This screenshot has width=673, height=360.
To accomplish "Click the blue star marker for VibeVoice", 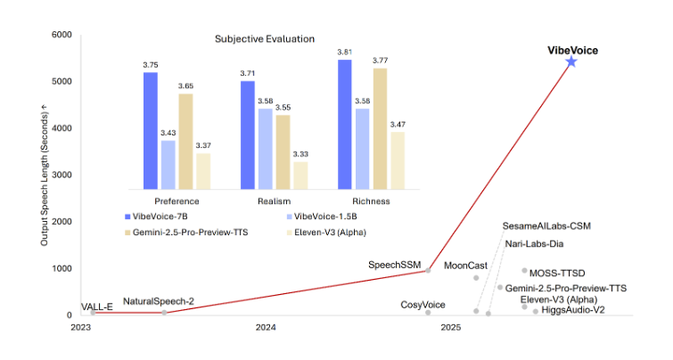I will pos(571,61).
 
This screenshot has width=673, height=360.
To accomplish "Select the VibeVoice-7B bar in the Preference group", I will pos(151,130).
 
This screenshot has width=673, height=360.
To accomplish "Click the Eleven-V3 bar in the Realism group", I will pos(300,175).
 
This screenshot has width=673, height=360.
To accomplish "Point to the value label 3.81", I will pos(344,53).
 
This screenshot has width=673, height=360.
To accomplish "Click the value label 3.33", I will pos(300,154).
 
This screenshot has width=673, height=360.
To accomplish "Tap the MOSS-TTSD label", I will pos(557,273).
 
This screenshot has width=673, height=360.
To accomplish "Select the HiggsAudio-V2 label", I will pos(573,310).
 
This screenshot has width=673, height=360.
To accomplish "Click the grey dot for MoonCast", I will pos(476,278).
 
